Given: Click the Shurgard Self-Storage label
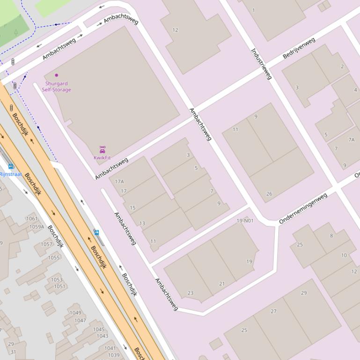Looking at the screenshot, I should click(x=57, y=86).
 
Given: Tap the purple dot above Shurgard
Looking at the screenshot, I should click(x=57, y=75).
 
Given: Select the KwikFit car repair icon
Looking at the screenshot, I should click(x=102, y=150).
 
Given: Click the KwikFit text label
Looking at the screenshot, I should click(x=102, y=158).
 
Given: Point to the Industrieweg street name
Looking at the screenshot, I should click(x=261, y=64).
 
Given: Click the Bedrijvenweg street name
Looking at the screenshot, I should click(x=299, y=48).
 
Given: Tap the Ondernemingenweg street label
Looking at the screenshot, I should click(x=303, y=208).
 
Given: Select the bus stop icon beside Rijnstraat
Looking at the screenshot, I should click(x=11, y=166).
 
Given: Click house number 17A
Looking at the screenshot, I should click(x=119, y=181).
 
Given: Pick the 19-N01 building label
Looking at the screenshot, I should click(x=245, y=221).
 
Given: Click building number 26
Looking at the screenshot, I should click(x=269, y=194).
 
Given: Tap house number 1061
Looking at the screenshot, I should click(x=32, y=218).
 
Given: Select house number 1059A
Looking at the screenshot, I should click(x=37, y=227).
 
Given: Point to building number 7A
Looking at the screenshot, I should click(x=352, y=139).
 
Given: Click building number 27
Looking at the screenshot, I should click(x=273, y=311).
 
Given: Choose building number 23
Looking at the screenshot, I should click(x=191, y=293).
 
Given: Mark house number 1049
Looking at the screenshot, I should click(x=75, y=313).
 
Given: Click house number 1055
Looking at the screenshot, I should click(x=54, y=258).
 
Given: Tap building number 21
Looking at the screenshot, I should click(x=222, y=284).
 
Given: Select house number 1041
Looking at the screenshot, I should click(x=110, y=348).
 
